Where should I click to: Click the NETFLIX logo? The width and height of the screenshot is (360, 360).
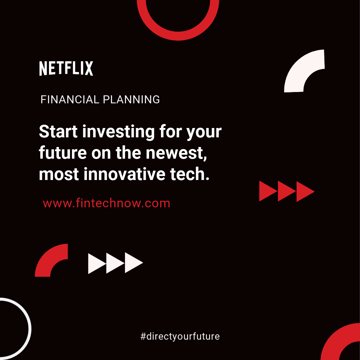[66, 68]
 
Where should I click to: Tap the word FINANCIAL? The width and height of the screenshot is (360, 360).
[70, 100]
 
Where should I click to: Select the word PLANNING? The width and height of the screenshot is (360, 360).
[131, 100]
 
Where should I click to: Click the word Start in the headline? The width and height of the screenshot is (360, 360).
[58, 132]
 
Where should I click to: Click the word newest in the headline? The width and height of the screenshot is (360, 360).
[176, 153]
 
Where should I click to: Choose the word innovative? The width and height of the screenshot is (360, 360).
[124, 174]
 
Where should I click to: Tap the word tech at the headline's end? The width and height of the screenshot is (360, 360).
[190, 174]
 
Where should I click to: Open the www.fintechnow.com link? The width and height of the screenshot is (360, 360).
[107, 203]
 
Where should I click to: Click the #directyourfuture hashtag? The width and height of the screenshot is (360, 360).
[180, 336]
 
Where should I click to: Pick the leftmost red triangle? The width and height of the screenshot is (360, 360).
[268, 191]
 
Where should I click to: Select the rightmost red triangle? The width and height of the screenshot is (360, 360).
[305, 191]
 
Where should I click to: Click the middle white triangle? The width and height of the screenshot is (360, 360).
[115, 263]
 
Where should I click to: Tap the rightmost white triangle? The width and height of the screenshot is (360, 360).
[134, 263]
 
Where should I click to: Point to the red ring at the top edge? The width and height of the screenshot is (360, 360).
[178, 36]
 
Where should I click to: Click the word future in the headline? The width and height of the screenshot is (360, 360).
[63, 153]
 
